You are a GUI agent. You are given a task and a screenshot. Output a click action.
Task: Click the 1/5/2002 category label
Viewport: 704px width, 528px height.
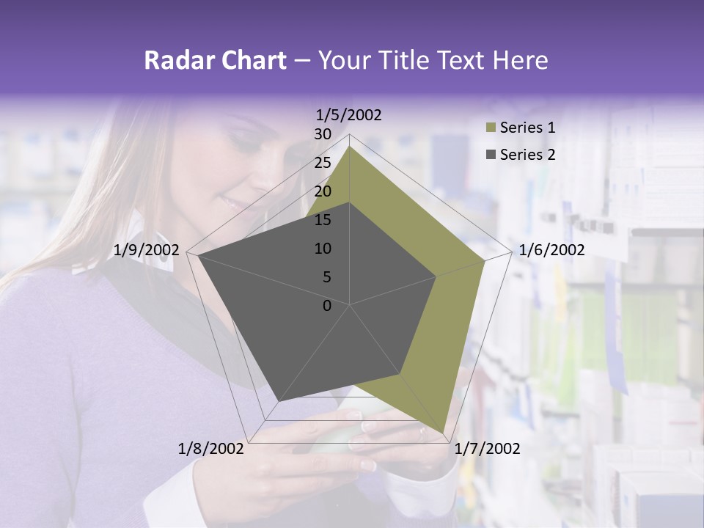(x=349, y=115)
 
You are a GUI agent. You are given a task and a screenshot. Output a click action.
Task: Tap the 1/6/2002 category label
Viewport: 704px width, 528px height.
(x=551, y=250)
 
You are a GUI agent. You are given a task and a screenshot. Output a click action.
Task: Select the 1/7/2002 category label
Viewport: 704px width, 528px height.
(x=487, y=449)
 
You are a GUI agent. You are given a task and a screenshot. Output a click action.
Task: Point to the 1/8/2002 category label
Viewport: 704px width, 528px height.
(x=211, y=449)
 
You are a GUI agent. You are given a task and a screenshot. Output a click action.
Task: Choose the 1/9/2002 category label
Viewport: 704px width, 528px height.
(x=147, y=250)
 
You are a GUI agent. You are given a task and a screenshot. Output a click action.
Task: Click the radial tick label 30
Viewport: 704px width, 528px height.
(x=323, y=134)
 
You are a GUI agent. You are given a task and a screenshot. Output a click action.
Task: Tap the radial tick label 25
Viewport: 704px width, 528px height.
(x=323, y=163)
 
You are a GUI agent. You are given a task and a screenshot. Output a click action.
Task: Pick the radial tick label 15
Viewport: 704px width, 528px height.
(x=323, y=220)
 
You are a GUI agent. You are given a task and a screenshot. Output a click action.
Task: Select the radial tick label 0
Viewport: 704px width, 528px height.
(x=327, y=306)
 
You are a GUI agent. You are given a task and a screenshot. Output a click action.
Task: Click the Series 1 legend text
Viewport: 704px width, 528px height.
(x=527, y=128)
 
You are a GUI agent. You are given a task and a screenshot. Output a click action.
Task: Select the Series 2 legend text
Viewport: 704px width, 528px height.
(x=527, y=154)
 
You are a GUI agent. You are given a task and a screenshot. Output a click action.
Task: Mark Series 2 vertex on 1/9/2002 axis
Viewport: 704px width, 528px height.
(x=198, y=256)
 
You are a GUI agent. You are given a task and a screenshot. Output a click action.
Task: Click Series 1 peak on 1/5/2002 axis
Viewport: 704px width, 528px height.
(x=349, y=147)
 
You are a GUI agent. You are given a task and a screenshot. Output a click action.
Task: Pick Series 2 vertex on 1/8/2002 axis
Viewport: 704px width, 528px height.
(x=278, y=402)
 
